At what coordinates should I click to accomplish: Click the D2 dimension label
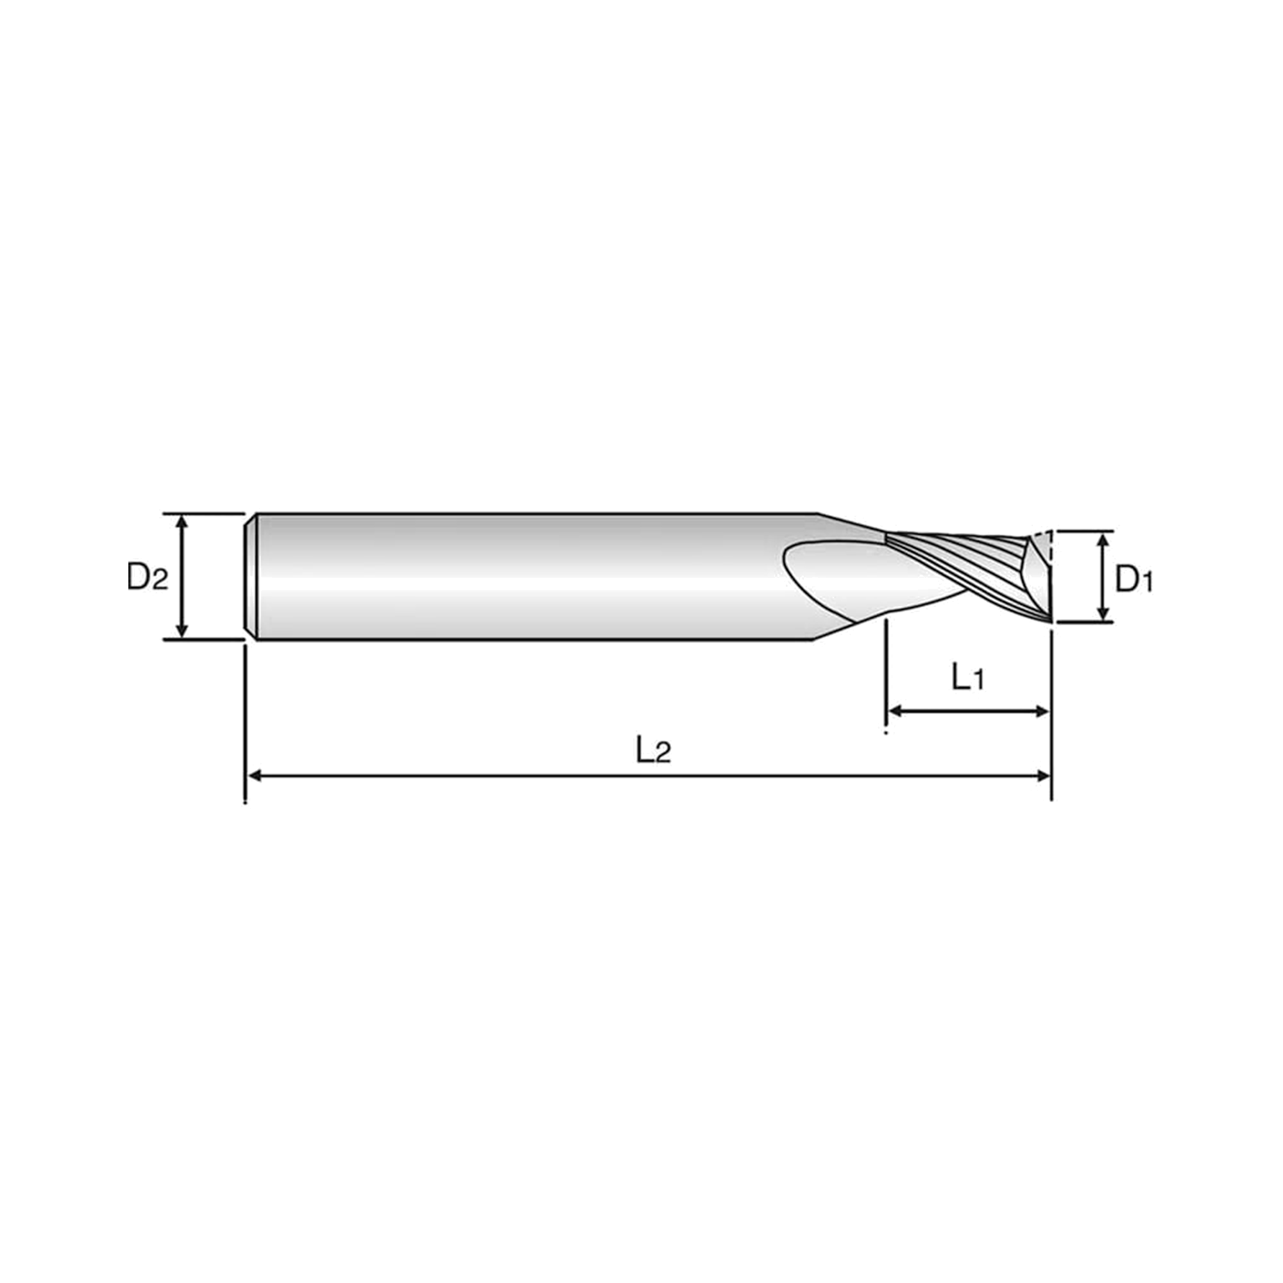pos(148,577)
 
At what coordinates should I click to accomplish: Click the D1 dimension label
pos(1134,579)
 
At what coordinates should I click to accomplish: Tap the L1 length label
pos(967,677)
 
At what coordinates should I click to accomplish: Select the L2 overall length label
pos(654,751)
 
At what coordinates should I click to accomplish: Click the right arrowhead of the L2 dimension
pos(1042,776)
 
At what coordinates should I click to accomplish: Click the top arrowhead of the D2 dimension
pos(182,523)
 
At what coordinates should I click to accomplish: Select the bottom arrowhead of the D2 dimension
pos(182,631)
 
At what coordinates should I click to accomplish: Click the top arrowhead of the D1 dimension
pos(1103,540)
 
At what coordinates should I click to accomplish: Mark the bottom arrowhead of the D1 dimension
pos(1103,614)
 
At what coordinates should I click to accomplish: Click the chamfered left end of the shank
pos(251,577)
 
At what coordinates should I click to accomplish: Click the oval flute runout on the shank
pos(863,578)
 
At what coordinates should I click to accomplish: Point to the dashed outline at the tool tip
pos(1048,548)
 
